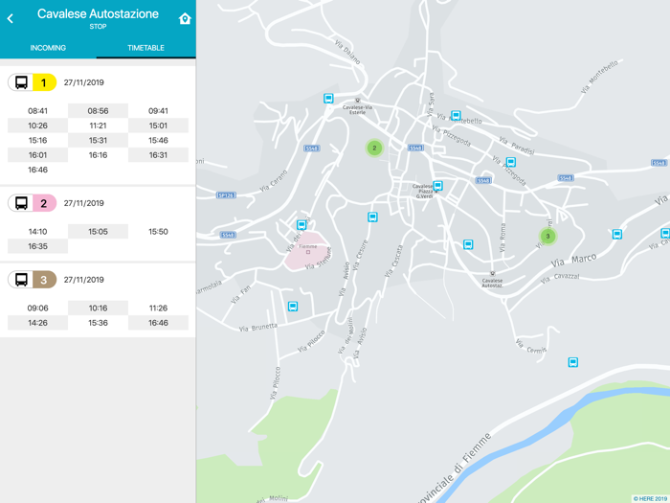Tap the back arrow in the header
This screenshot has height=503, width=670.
coord(11,18)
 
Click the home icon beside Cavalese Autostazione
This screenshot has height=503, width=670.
coord(185,18)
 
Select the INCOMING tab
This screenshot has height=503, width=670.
coord(48,48)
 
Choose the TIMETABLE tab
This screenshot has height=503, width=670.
coord(145,48)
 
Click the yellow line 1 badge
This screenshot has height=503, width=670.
coord(42,82)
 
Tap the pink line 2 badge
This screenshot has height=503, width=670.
coord(42,203)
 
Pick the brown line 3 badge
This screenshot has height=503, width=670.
coord(42,280)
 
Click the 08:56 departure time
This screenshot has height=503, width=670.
coord(98,111)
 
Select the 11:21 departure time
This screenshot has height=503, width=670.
coord(98,126)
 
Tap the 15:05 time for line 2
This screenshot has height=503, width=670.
coord(98,232)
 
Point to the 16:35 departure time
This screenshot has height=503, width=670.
coord(37,246)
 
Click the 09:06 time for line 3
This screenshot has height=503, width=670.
coord(37,309)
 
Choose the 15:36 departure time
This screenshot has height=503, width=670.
coord(98,323)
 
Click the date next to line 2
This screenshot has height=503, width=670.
coord(83,203)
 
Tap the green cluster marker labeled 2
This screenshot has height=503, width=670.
coord(374,148)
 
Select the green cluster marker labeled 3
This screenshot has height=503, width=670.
coord(547,236)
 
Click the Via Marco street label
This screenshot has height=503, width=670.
coord(573,260)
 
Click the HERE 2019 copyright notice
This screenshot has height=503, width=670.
coord(649,498)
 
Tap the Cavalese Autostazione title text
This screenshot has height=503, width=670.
coord(98,14)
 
